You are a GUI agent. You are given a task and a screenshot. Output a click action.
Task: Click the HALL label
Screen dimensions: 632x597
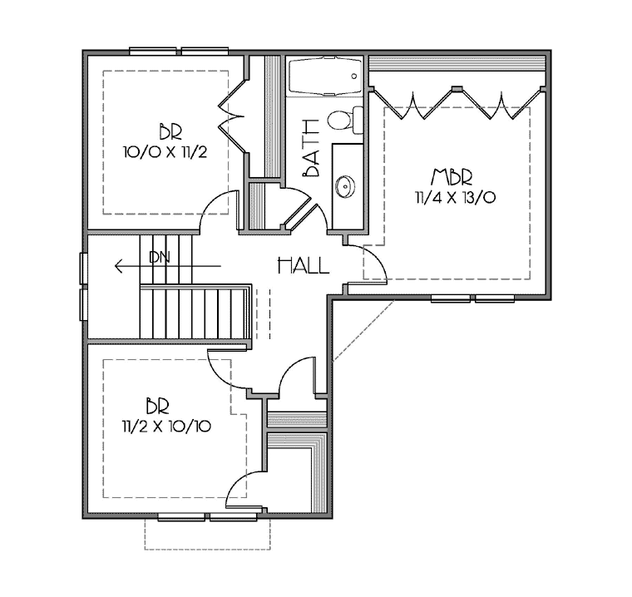tap(304, 266)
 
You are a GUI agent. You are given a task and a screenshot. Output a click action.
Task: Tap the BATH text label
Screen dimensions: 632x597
tap(312, 148)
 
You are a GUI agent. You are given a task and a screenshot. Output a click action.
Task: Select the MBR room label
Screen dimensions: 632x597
tap(452, 177)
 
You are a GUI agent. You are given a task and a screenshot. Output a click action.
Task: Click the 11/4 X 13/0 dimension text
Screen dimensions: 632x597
tap(456, 198)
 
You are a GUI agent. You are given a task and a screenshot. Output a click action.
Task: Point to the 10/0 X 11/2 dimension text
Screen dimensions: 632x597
tap(165, 152)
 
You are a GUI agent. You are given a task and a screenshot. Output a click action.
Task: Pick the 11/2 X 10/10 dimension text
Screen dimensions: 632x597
tap(166, 426)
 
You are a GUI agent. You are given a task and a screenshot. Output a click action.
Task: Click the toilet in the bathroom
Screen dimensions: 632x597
tap(345, 120)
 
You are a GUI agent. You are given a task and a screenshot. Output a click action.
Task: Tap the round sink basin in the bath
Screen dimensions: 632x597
tap(345, 186)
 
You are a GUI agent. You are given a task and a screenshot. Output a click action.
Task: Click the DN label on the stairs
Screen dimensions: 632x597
tap(160, 257)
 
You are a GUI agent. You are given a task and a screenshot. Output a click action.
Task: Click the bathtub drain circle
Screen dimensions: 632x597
tap(354, 76)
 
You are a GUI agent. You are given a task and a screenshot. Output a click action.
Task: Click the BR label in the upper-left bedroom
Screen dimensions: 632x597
tap(170, 132)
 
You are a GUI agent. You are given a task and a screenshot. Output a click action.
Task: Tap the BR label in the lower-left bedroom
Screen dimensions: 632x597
tap(157, 406)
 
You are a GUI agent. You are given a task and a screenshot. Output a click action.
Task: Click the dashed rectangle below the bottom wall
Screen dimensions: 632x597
tap(208, 549)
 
